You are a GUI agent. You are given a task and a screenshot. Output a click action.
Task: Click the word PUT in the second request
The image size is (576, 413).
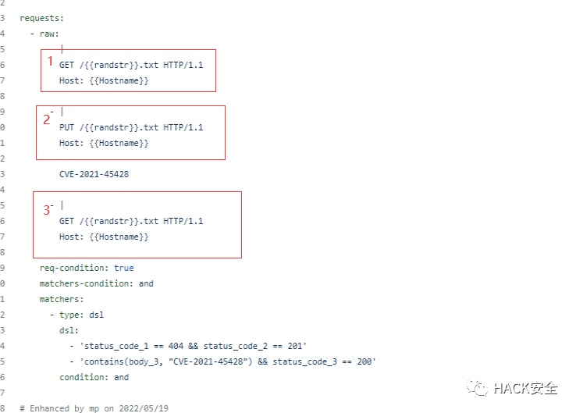66,127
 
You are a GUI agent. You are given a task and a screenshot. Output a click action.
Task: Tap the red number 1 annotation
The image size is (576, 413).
51,61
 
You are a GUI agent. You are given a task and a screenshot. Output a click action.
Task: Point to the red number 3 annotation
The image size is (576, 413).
46,209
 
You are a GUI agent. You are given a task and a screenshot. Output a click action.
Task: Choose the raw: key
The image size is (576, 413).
49,34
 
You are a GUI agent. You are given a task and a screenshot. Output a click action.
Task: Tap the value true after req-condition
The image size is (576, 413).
123,268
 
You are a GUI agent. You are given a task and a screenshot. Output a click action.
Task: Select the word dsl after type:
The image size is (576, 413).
96,315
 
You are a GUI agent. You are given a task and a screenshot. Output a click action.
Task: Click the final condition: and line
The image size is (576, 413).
94,377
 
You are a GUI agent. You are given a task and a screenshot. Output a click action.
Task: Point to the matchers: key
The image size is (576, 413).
62,299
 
